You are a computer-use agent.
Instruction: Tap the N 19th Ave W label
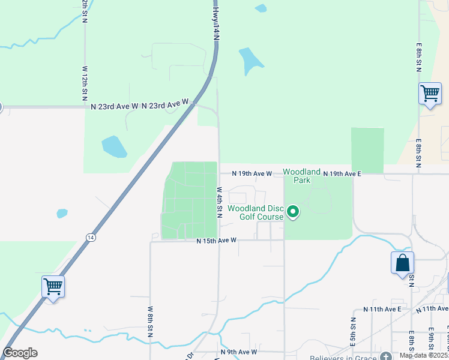pyautogui.click(x=252, y=173)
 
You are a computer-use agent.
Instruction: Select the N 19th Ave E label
pyautogui.click(x=342, y=173)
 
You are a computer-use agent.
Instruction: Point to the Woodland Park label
pyautogui.click(x=301, y=176)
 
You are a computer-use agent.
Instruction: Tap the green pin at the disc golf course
pyautogui.click(x=293, y=212)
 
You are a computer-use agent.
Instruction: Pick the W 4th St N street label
pyautogui.click(x=220, y=202)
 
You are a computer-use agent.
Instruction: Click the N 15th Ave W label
pyautogui.click(x=217, y=241)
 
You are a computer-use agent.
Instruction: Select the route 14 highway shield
pyautogui.click(x=91, y=238)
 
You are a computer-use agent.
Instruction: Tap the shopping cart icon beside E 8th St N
pyautogui.click(x=430, y=94)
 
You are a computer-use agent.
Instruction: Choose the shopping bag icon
pyautogui.click(x=402, y=263)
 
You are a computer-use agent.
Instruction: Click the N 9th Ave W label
pyautogui.click(x=239, y=352)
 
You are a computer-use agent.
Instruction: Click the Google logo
pyautogui.click(x=20, y=353)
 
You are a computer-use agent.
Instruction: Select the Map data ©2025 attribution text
pyautogui.click(x=424, y=355)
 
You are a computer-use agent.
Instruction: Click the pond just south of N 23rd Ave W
pyautogui.click(x=113, y=146)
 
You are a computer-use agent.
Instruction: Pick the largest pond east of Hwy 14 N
pyautogui.click(x=250, y=60)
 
